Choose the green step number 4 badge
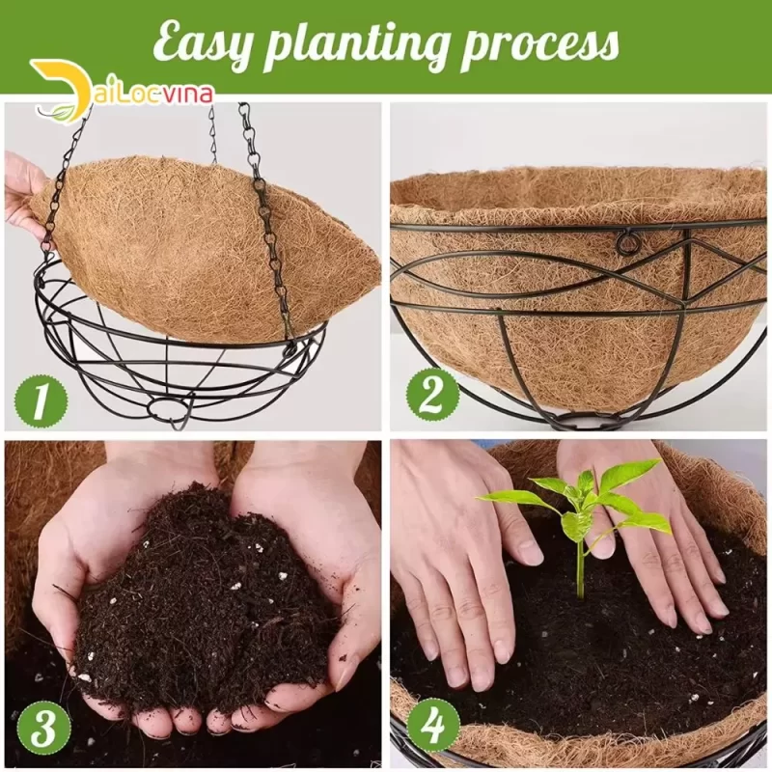click(x=433, y=727)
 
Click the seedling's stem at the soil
click(x=581, y=593)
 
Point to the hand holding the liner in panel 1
click(x=25, y=196)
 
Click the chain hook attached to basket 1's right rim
click(x=290, y=348)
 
